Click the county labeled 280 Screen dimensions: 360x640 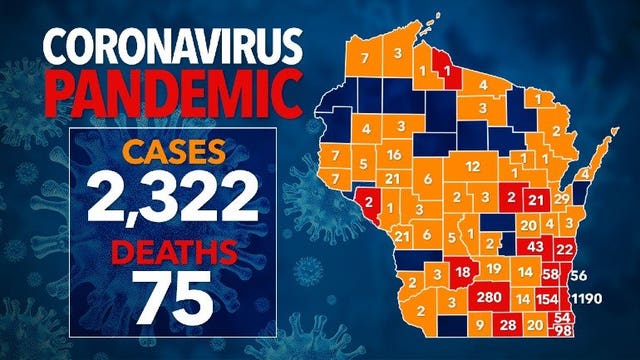click(x=489, y=298)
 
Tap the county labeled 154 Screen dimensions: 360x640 click(x=548, y=299)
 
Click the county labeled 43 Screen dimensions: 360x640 click(x=535, y=247)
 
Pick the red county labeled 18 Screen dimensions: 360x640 click(x=462, y=272)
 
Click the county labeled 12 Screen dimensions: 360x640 click(x=473, y=165)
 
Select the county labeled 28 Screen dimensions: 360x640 click(x=508, y=325)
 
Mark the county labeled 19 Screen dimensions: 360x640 click(x=494, y=269)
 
